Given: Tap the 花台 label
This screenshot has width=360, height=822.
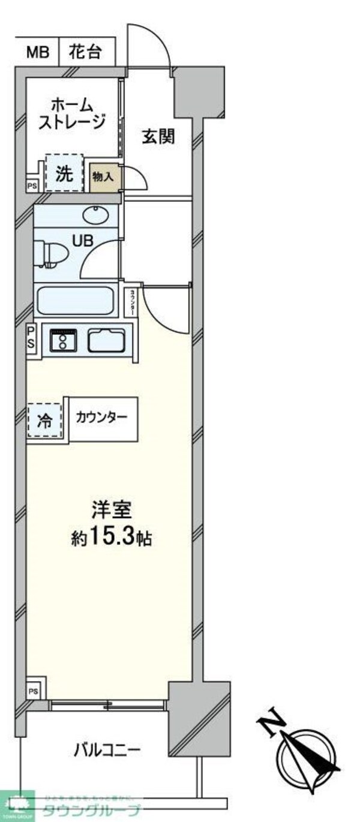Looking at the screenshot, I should coord(85,53).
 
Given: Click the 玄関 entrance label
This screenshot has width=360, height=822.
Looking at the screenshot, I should coord(158,137).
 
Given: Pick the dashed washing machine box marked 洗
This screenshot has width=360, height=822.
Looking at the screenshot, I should coord(64,174).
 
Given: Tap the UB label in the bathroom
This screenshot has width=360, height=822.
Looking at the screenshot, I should coord(83,240).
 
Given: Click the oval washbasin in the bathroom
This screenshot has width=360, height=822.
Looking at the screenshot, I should coord(94,214).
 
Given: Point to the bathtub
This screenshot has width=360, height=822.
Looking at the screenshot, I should coord(76,300).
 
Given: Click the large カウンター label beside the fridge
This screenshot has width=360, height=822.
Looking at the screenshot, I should coord(101,418).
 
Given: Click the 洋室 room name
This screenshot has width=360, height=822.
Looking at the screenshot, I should coord(107,511).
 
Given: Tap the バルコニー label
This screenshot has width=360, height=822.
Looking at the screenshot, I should coord(107,749).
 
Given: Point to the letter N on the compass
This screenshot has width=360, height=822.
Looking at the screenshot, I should coord(271,722).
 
